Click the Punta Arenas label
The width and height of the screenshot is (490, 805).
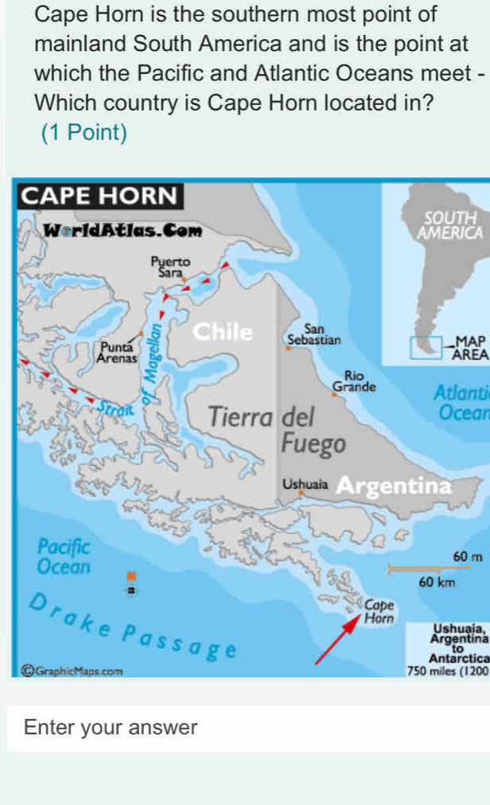117,351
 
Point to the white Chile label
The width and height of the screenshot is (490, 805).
225,330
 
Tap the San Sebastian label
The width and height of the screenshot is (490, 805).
312,333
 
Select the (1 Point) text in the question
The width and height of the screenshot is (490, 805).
84,133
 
